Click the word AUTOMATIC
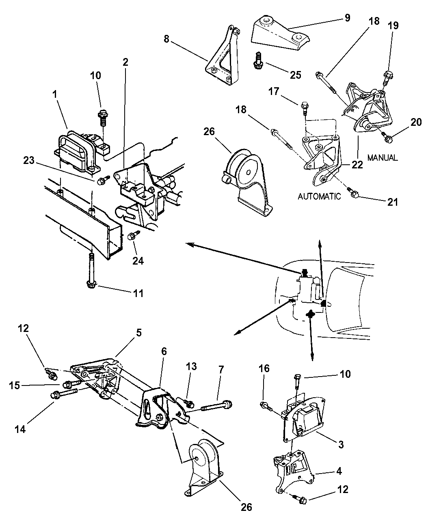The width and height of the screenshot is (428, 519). click(x=319, y=196)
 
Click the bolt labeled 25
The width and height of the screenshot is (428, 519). click(x=257, y=60)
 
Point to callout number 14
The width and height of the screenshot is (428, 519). click(x=20, y=428)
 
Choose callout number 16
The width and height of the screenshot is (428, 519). click(x=264, y=368)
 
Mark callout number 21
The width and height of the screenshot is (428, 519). click(x=393, y=202)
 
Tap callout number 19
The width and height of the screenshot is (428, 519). click(x=393, y=26)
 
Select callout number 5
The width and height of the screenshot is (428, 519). click(x=138, y=333)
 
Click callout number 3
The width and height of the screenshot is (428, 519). click(x=340, y=444)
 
